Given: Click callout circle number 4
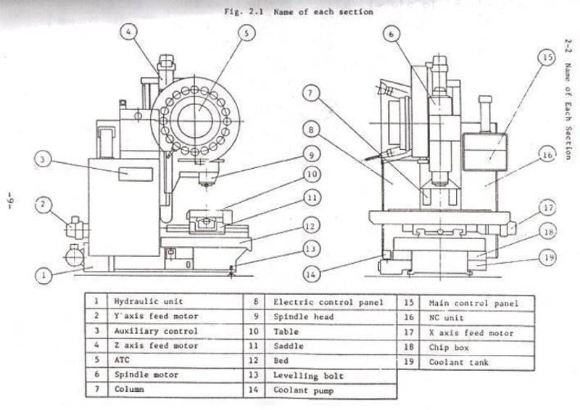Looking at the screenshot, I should [128, 33].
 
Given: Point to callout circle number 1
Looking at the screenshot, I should [45, 275].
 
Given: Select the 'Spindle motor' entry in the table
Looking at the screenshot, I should [141, 375].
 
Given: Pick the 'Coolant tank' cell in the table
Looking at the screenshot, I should [458, 362].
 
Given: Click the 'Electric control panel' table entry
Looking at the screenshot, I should [318, 301].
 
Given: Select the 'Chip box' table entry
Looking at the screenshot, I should [449, 348].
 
